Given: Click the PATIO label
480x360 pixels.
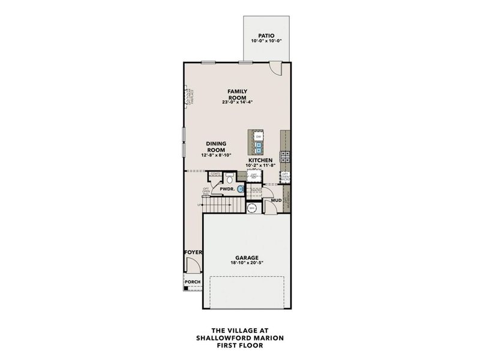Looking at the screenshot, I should pyautogui.click(x=266, y=35).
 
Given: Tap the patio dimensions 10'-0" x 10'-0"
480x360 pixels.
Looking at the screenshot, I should pyautogui.click(x=266, y=41).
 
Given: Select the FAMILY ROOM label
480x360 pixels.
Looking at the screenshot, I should pyautogui.click(x=237, y=94).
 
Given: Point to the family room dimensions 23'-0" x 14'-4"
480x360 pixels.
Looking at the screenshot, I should pyautogui.click(x=237, y=103).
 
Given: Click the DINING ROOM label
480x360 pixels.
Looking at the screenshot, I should pyautogui.click(x=215, y=147).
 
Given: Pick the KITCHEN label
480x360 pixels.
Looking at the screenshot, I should pyautogui.click(x=261, y=161).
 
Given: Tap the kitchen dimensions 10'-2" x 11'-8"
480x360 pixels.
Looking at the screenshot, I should pyautogui.click(x=261, y=166).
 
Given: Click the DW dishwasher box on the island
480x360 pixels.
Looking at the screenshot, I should pyautogui.click(x=259, y=137).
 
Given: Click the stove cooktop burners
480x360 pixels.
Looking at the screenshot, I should pyautogui.click(x=285, y=157).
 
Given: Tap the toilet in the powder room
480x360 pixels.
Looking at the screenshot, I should pyautogui.click(x=229, y=178).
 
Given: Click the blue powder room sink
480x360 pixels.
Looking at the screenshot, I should pyautogui.click(x=241, y=189).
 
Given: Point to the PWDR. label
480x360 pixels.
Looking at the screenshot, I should pyautogui.click(x=226, y=189).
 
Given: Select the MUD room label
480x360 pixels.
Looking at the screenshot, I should pyautogui.click(x=276, y=200).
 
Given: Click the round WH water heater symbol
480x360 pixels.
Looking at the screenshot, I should pyautogui.click(x=253, y=208).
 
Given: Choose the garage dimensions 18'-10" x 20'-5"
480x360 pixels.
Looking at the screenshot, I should pyautogui.click(x=247, y=262).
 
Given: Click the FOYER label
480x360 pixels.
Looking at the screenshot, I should pyautogui.click(x=192, y=253).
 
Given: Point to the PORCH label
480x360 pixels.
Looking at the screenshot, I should pyautogui.click(x=192, y=281).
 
